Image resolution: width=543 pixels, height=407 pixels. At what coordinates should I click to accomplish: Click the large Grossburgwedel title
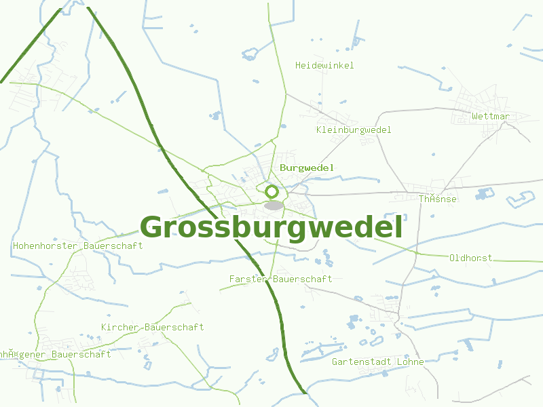point(271,227)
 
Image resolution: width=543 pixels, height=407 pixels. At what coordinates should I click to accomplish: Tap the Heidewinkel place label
point(324,65)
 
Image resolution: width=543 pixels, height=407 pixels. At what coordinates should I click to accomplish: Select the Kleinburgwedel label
point(354,130)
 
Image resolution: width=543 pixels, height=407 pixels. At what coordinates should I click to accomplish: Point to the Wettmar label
point(490,116)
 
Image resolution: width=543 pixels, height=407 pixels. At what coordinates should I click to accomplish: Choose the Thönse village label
point(437,199)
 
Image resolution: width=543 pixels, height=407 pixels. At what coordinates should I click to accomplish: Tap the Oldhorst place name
point(470,258)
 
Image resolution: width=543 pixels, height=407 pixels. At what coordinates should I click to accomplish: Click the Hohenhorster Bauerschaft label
point(77,246)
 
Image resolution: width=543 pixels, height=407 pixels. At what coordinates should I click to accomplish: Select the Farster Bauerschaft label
point(280,279)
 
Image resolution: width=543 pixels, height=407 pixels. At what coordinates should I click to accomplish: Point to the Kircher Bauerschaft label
point(152,327)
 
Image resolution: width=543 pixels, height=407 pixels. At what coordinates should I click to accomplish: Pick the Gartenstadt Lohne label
point(377,362)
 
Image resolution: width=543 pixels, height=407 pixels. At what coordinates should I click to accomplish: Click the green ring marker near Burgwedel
point(272,192)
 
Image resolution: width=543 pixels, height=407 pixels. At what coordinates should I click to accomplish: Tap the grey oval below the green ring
point(274,205)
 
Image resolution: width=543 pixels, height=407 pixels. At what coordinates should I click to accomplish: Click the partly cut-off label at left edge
point(55,354)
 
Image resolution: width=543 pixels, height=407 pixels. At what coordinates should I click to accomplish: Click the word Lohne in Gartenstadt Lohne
point(410,362)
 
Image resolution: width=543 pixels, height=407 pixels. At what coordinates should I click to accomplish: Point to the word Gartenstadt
point(361,362)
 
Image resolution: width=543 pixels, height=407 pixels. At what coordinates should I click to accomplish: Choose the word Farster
point(248,279)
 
